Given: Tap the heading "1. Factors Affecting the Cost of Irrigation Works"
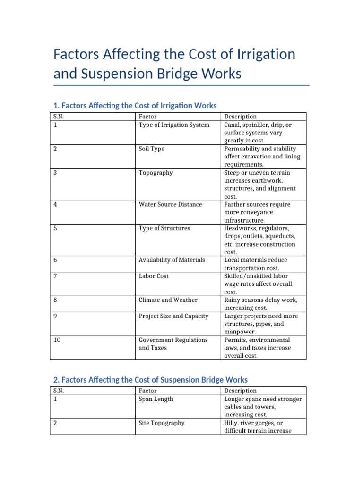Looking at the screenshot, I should [135, 105].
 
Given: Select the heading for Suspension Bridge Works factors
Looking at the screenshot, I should [150, 380].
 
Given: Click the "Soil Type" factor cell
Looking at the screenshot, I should [152, 149].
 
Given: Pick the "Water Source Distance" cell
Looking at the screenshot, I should [170, 204].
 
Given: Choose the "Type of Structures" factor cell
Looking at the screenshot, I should [164, 228].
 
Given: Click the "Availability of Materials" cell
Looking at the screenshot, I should [172, 260].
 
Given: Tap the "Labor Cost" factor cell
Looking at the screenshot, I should [154, 276].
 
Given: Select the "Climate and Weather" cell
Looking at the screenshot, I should [166, 300].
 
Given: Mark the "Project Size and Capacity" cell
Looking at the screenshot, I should [173, 316].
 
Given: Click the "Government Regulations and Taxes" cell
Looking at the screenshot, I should [173, 344].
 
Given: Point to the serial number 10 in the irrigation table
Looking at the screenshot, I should [57, 340].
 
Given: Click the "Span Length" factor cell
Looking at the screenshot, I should [156, 399].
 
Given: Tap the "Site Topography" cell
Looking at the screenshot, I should [162, 423].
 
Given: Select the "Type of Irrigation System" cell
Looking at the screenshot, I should [174, 125].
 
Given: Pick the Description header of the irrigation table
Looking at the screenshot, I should [241, 117].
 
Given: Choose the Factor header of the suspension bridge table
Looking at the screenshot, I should [148, 391].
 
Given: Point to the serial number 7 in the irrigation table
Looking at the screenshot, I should [55, 276].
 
